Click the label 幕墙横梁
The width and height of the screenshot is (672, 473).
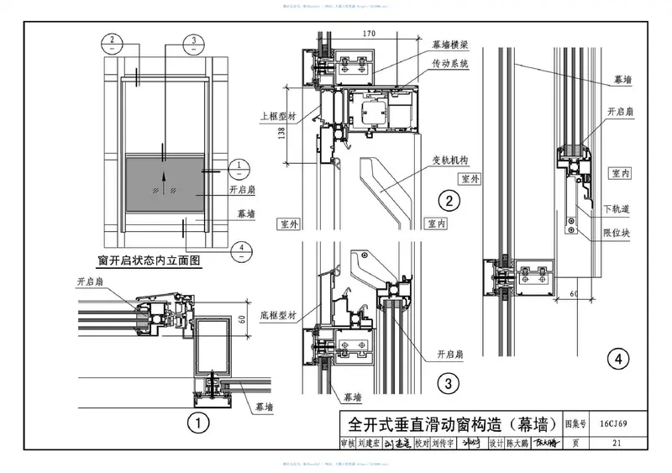coord(449,45)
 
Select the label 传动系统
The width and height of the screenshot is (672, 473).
coord(449,64)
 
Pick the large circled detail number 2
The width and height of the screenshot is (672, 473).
coord(450,200)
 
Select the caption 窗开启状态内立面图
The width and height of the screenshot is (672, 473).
coord(151,261)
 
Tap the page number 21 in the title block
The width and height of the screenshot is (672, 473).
coord(617,443)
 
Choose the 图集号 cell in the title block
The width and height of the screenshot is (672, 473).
coord(575,425)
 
